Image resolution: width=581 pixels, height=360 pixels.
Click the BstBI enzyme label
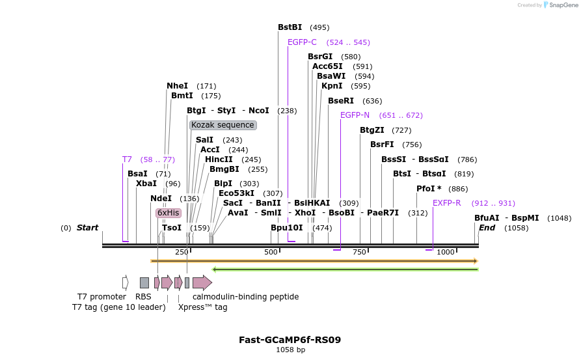pos(290,27)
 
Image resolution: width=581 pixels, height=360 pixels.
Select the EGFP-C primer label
pos(302,42)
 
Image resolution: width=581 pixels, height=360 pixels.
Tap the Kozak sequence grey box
pos(223,125)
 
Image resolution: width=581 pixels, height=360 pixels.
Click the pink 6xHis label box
pos(168,213)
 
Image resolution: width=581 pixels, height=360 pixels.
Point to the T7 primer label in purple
pos(127,159)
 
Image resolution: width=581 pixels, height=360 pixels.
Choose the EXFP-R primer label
pos(447,203)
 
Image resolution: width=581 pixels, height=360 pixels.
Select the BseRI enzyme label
pos(341,101)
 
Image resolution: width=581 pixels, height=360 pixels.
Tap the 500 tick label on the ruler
pos(271,252)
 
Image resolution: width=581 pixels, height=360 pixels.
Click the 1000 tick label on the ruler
pos(445,252)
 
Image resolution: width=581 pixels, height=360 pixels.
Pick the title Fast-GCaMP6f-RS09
pos(290,340)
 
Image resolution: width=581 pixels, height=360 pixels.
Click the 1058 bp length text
pos(290,350)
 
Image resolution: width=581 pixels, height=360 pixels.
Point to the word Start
pos(87,228)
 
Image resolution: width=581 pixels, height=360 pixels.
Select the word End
pos(487,228)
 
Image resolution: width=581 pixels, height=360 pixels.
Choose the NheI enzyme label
pos(177,86)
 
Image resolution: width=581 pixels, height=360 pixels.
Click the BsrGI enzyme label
pos(320,57)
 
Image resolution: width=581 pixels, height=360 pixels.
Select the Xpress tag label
pos(202,307)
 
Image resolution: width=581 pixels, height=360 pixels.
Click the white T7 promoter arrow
pos(125,283)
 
